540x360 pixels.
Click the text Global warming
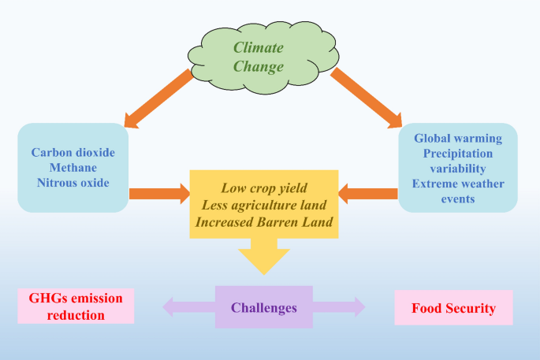[458, 139]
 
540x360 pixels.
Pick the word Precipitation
[458, 154]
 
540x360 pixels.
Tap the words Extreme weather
[458, 184]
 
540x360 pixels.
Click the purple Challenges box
[264, 307]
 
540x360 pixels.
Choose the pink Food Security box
[453, 308]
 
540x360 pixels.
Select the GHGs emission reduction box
[76, 306]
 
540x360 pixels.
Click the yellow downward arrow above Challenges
[264, 256]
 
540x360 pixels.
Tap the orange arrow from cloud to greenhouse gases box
[158, 98]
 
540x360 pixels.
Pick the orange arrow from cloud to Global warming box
[366, 98]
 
